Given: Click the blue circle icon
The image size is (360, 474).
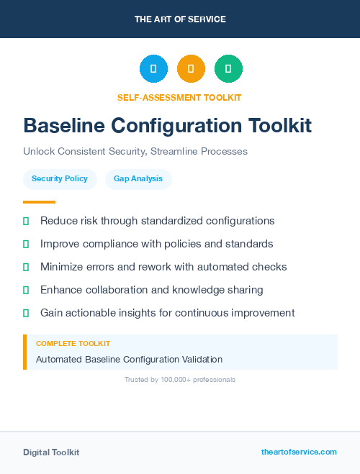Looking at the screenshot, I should pyautogui.click(x=153, y=69).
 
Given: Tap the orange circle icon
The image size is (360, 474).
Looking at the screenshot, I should pyautogui.click(x=191, y=69).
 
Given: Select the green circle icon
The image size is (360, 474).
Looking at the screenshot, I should pyautogui.click(x=228, y=69).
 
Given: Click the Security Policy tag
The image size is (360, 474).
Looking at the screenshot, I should pyautogui.click(x=60, y=178).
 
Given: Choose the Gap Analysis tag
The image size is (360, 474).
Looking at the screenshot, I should pyautogui.click(x=138, y=178).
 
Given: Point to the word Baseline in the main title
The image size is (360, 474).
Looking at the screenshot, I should pyautogui.click(x=63, y=125).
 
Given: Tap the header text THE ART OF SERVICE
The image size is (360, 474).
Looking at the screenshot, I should pyautogui.click(x=180, y=19).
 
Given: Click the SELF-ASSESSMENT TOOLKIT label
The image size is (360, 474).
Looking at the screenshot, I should pyautogui.click(x=179, y=97).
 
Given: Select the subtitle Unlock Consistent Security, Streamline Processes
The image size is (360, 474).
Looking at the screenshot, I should pyautogui.click(x=135, y=152).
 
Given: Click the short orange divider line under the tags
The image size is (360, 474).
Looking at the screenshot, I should pyautogui.click(x=39, y=202).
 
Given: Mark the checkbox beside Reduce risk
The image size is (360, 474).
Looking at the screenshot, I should pyautogui.click(x=26, y=221).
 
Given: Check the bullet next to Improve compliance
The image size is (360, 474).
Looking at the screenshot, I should pyautogui.click(x=26, y=244).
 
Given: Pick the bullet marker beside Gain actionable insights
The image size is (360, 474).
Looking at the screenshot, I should pyautogui.click(x=26, y=313).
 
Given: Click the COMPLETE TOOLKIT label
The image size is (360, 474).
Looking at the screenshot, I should pyautogui.click(x=73, y=344).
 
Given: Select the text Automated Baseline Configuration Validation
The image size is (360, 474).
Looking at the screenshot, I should pyautogui.click(x=129, y=359).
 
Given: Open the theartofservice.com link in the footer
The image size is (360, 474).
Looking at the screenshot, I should pyautogui.click(x=299, y=452).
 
